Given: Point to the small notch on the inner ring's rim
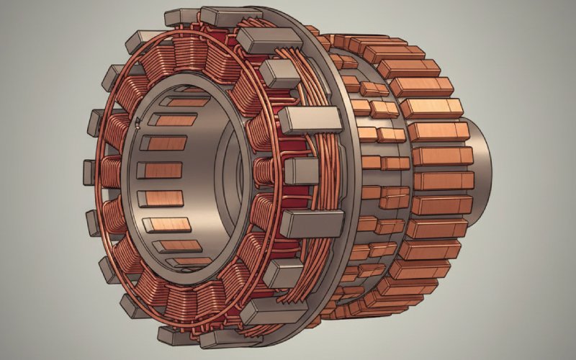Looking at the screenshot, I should pos(138,128).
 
